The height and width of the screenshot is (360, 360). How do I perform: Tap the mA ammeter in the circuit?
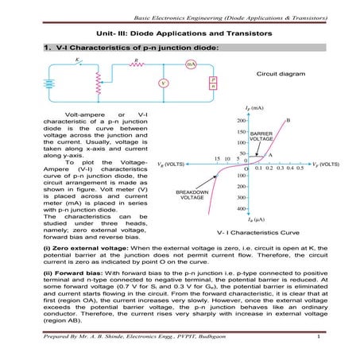click(x=191, y=64)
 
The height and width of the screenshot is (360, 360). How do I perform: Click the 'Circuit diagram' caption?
click(x=277, y=73)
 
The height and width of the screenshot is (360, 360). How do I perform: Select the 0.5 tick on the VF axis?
click(x=300, y=169)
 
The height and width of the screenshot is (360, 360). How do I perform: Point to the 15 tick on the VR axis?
click(x=217, y=159)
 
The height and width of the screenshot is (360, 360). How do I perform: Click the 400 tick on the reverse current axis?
click(x=239, y=209)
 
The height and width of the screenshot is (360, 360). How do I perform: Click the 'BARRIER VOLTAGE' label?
click(x=261, y=136)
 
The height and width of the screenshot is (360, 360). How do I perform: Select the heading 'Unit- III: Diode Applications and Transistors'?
click(x=180, y=34)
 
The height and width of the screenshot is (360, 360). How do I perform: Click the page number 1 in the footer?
click(x=317, y=341)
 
